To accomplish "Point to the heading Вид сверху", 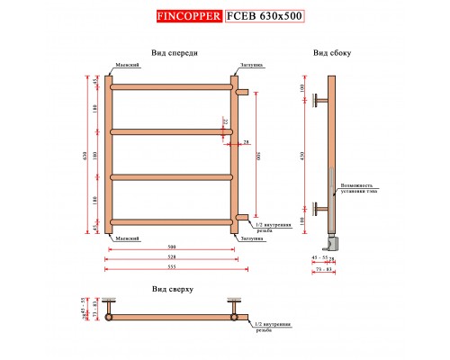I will pos(171,290).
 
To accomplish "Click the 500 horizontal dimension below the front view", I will pos(171,247).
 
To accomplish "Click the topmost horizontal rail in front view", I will pos(171,87).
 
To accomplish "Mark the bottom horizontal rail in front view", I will pos(171,219).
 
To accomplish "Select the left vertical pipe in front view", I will pos(108,153).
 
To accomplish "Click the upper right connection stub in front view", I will pos(241,90).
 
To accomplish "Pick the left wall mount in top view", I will pos(108,308).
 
